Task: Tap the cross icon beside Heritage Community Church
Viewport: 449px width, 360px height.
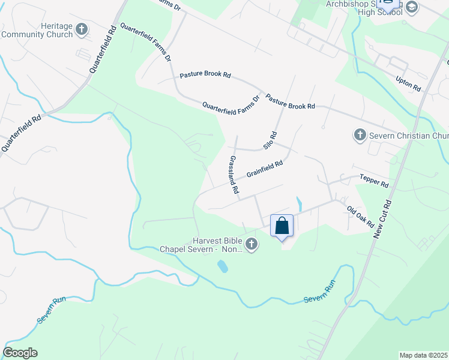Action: coord(82,29)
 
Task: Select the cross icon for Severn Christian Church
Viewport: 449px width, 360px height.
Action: coord(360,134)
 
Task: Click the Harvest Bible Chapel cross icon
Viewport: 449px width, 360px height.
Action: coord(252,244)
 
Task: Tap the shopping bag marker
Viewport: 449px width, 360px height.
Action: coord(282,226)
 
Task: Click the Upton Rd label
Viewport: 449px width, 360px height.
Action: coord(408,83)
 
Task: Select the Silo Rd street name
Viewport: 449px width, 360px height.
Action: coord(271,140)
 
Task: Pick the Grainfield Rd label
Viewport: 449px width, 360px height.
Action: coord(264,169)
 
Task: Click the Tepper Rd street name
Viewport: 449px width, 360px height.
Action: coord(374,181)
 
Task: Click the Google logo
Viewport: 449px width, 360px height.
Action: coord(20,353)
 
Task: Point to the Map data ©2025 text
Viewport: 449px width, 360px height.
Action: coord(424,355)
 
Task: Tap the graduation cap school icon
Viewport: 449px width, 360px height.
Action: coord(411,7)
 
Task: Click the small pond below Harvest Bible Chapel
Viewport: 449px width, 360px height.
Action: coord(222,266)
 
